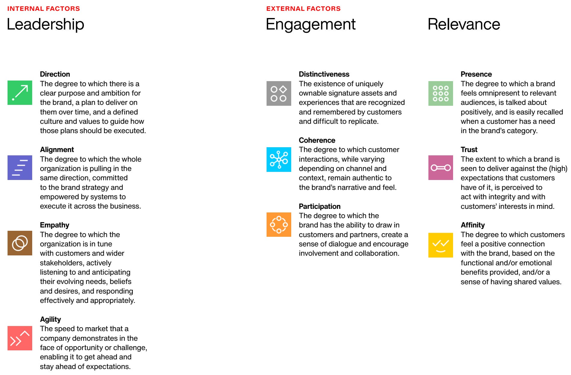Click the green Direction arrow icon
click(20, 93)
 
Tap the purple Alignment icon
click(20, 168)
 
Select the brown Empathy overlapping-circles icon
click(20, 243)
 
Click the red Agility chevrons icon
click(20, 338)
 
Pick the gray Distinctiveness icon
click(279, 93)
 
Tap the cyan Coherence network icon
click(279, 160)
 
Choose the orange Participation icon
click(279, 225)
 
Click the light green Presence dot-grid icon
click(441, 93)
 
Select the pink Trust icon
click(441, 168)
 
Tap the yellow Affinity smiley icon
click(441, 245)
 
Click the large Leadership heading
click(45, 24)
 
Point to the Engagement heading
click(311, 24)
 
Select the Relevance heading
click(464, 24)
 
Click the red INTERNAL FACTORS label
click(44, 9)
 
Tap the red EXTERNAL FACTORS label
click(303, 9)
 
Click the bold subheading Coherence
click(317, 140)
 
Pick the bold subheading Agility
click(51, 319)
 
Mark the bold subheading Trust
click(469, 150)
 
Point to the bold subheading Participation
click(319, 206)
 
